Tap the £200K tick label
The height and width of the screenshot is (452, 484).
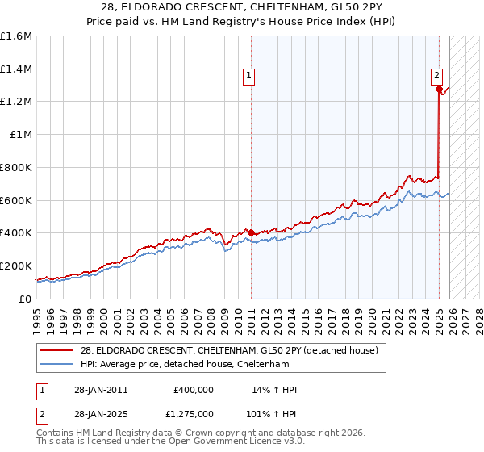(16, 266)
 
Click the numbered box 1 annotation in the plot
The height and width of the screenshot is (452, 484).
(248, 77)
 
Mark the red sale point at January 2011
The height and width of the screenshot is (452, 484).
(251, 232)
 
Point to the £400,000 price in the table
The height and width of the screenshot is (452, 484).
(194, 390)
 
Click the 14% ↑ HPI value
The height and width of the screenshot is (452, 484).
(275, 390)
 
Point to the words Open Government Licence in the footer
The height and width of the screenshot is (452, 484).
(243, 442)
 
